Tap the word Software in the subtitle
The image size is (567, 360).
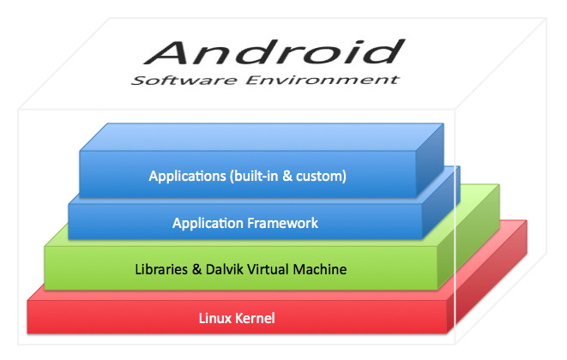184,80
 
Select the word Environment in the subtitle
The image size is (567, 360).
323,80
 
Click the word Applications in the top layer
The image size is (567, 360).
187,176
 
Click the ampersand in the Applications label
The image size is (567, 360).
287,176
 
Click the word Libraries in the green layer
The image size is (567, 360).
161,269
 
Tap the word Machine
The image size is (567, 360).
320,269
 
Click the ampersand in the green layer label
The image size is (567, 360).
196,269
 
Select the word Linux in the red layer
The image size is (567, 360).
214,318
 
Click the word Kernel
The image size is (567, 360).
255,318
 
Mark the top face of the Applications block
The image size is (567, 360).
262,137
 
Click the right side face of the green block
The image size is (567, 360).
468,237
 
